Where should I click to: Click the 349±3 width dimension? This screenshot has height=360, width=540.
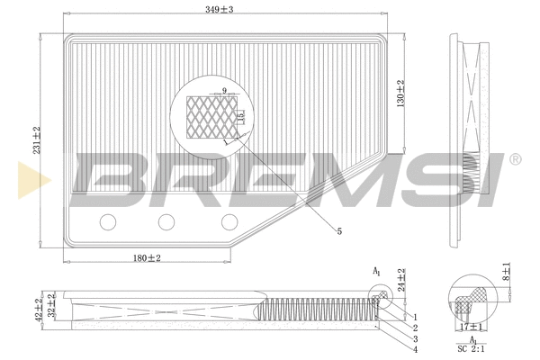(x=218, y=10)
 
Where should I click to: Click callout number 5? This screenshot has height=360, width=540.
(x=339, y=232)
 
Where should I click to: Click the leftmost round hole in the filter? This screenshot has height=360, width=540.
(x=109, y=222)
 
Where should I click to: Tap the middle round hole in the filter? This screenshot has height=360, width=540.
(x=166, y=222)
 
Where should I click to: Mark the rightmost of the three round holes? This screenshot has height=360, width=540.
(x=229, y=222)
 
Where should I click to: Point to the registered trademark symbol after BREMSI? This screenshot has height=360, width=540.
(x=515, y=159)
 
